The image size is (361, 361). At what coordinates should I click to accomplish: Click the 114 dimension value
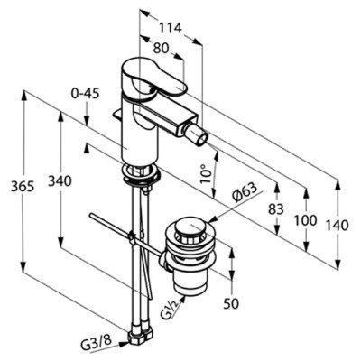(x=171, y=28)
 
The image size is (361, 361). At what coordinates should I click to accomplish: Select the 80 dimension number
(x=161, y=48)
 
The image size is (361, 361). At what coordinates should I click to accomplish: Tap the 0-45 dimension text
(x=85, y=94)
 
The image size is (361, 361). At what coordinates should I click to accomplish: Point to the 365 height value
(x=23, y=187)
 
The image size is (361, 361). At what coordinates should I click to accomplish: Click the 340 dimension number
(x=60, y=181)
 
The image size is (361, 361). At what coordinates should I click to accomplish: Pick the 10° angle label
(x=207, y=174)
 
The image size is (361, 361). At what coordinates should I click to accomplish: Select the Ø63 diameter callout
(x=245, y=192)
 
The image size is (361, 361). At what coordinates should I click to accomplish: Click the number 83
(x=276, y=209)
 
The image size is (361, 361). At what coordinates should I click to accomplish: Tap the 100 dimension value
(x=306, y=220)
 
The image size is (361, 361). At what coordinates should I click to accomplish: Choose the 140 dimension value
(x=337, y=226)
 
